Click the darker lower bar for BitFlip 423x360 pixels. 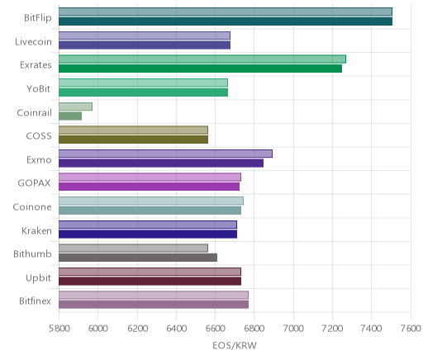tap(226, 21)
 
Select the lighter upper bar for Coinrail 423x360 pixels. tap(75, 107)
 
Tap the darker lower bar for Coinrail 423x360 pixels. tap(70, 116)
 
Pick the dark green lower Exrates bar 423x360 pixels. tap(200, 69)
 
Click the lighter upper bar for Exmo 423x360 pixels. tap(165, 154)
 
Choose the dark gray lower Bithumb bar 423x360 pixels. tap(138, 258)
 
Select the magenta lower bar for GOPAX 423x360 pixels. tap(149, 187)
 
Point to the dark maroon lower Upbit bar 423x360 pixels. tap(150, 281)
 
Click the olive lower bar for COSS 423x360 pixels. tap(133, 140)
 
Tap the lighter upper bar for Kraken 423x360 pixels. tap(148, 225)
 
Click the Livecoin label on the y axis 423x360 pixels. tap(33, 42)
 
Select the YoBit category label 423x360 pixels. tap(39, 89)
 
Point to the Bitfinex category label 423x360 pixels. tap(35, 301)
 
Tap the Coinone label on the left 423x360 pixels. tap(32, 206)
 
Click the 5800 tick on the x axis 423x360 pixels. tap(59, 329)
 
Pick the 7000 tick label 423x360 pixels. tap(293, 329)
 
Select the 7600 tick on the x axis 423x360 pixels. tap(411, 329)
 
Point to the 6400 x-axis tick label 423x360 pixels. tap(176, 329)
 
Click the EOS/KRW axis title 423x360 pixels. tap(235, 345)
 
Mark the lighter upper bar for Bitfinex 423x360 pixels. tap(154, 295)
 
